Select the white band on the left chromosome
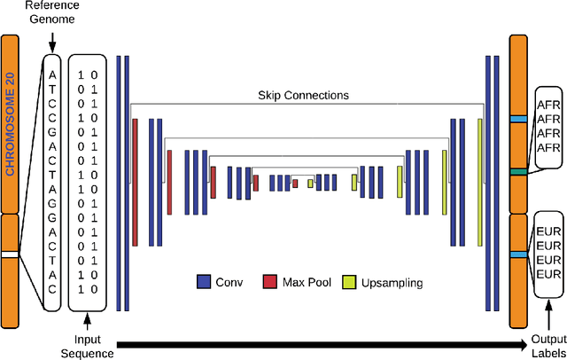coord(11,254)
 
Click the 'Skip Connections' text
coord(302,95)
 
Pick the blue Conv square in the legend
coord(203,283)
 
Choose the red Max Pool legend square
coord(269,283)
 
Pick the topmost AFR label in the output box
coord(548,104)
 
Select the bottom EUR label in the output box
coord(549,273)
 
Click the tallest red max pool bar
coord(136,182)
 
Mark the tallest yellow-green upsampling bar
coord(479,182)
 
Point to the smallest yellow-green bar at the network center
coord(310,184)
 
